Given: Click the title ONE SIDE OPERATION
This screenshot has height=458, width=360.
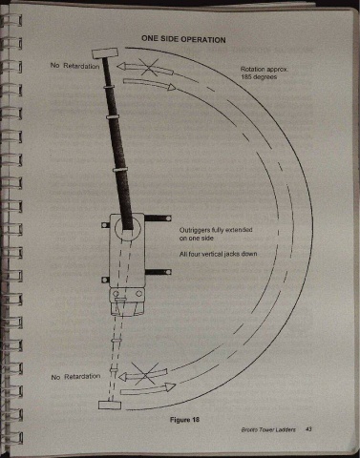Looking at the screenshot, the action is (183, 39).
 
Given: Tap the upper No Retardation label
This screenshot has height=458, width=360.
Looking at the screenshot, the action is (74, 66).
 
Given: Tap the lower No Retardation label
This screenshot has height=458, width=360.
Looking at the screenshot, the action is (75, 377).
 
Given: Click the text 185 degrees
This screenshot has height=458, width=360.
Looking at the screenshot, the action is (259, 77).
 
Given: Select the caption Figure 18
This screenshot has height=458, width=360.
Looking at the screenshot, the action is (184, 420).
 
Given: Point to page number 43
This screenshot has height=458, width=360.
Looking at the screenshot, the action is (308, 429).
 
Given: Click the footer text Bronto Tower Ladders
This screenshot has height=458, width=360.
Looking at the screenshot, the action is (268, 429).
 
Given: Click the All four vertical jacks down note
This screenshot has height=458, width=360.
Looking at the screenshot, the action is (218, 254).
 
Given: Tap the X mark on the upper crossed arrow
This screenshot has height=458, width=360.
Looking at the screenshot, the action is (148, 67).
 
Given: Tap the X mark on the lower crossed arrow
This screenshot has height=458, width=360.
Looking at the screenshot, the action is (145, 375).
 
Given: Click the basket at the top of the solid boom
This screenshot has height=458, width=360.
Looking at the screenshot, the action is (105, 53).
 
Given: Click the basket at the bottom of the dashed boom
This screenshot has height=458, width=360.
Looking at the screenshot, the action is (110, 405).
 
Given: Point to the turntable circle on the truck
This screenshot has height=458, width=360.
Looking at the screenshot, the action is (127, 228).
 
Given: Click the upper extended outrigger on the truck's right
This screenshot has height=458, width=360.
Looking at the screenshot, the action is (159, 219).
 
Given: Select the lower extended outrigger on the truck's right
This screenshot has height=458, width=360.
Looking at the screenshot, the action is (159, 272).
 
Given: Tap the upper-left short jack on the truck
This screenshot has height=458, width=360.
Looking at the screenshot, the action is (105, 225).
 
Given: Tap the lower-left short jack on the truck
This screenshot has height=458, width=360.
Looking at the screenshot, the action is (105, 280).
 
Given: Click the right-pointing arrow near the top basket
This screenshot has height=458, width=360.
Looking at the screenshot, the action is (149, 84).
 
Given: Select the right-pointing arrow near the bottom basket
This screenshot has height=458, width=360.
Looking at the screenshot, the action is (148, 389).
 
